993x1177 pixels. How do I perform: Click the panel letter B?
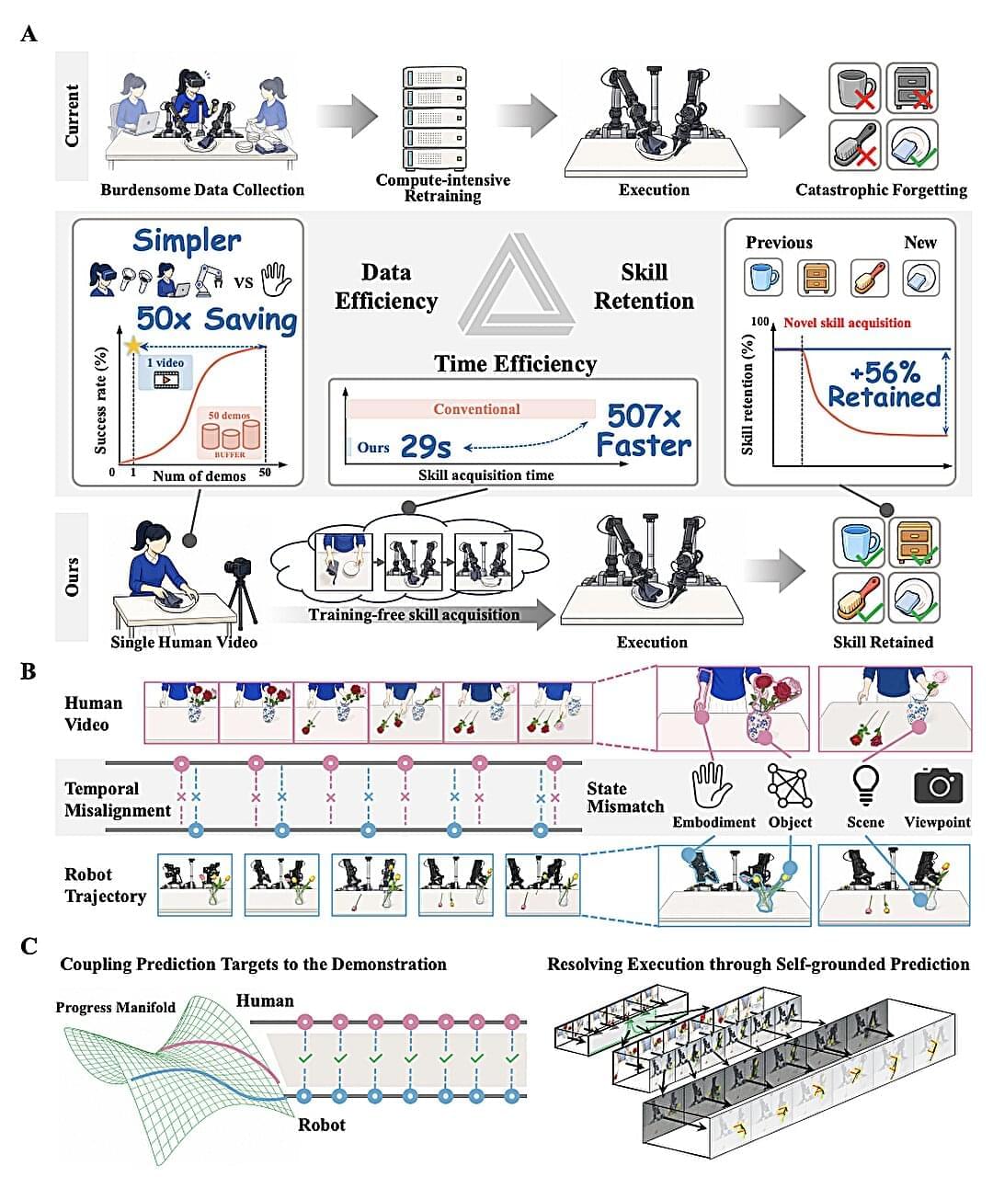pyautogui.click(x=29, y=671)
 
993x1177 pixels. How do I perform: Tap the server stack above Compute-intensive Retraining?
pyautogui.click(x=435, y=117)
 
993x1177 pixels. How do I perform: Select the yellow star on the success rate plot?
pyautogui.click(x=133, y=345)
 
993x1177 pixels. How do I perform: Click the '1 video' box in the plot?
pyautogui.click(x=165, y=372)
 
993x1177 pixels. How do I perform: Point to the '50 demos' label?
pyautogui.click(x=229, y=416)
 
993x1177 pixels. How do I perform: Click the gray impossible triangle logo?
pyautogui.click(x=516, y=285)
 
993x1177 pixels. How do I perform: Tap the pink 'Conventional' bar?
pyautogui.click(x=472, y=408)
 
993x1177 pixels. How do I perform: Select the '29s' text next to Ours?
pyautogui.click(x=426, y=447)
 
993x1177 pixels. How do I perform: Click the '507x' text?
pyautogui.click(x=645, y=417)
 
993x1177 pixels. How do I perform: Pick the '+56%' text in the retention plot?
pyautogui.click(x=885, y=372)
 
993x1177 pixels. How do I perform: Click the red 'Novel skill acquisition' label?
pyautogui.click(x=847, y=323)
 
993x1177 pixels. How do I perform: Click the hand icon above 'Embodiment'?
pyautogui.click(x=712, y=785)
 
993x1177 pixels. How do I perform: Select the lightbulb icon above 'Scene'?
pyautogui.click(x=865, y=784)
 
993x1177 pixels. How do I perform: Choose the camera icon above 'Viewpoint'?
pyautogui.click(x=939, y=784)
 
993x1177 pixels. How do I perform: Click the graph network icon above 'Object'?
pyautogui.click(x=790, y=785)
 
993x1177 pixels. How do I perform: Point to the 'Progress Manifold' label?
pyautogui.click(x=116, y=1007)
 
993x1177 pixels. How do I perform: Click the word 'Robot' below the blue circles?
pyautogui.click(x=321, y=1125)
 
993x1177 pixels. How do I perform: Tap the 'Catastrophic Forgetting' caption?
pyautogui.click(x=881, y=190)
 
